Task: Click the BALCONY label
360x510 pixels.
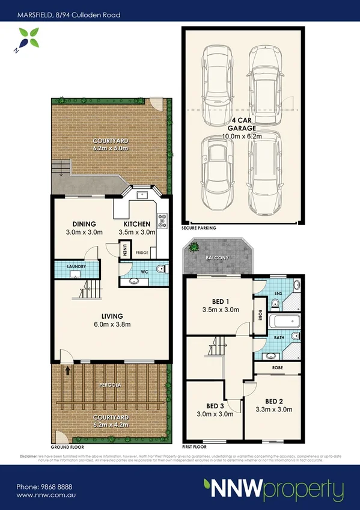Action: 218,258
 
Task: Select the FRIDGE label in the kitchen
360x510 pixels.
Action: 142,253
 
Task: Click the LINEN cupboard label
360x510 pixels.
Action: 125,249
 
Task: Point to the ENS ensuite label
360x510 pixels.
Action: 277,293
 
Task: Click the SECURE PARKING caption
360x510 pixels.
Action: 198,229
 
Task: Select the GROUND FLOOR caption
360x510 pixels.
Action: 66,447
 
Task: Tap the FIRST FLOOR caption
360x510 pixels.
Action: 194,447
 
